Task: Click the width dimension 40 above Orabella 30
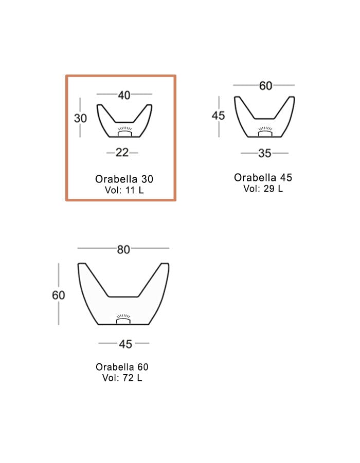(124, 95)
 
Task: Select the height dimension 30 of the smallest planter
(81, 118)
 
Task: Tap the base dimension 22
(122, 153)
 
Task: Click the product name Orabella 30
(124, 179)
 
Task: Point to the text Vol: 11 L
(124, 190)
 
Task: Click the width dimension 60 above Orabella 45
(265, 86)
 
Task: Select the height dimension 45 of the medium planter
(219, 116)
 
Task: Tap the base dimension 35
(265, 153)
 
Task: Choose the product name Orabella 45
(263, 177)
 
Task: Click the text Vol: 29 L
(263, 188)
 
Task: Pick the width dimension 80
(123, 249)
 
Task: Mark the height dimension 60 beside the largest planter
(59, 295)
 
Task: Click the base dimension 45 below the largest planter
(125, 344)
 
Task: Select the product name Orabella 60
(122, 367)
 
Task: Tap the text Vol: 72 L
(122, 378)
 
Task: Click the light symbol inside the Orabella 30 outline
(124, 132)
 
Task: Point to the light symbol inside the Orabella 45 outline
(265, 132)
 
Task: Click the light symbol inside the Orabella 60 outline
(123, 319)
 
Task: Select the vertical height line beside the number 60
(59, 313)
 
